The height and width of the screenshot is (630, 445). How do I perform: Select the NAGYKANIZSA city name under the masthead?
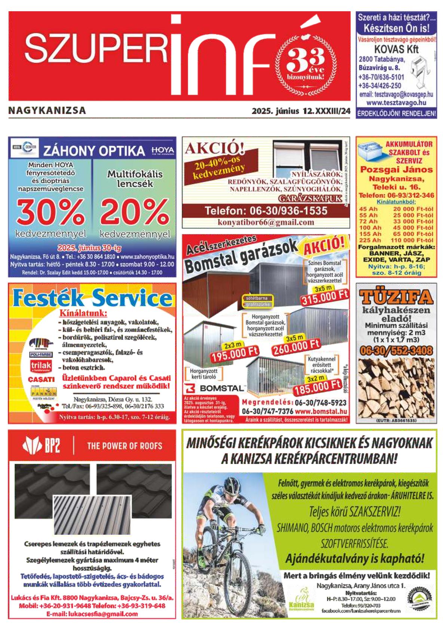coord(47,110)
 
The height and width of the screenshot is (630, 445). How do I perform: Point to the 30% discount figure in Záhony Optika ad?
coord(50,212)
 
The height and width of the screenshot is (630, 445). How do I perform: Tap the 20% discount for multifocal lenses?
coord(135,212)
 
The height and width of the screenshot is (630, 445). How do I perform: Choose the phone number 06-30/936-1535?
coord(266,211)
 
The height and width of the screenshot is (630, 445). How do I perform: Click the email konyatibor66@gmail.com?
coord(266,222)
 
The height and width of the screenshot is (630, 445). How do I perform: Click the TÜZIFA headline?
coord(396,297)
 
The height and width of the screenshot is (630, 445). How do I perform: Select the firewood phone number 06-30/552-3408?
coord(396,350)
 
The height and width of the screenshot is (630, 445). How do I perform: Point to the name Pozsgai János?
coord(396,170)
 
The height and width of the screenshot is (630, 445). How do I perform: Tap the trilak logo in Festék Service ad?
coord(41,366)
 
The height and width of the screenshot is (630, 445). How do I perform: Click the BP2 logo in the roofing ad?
coord(42,445)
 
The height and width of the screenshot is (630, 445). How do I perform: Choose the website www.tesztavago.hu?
coord(396,103)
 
